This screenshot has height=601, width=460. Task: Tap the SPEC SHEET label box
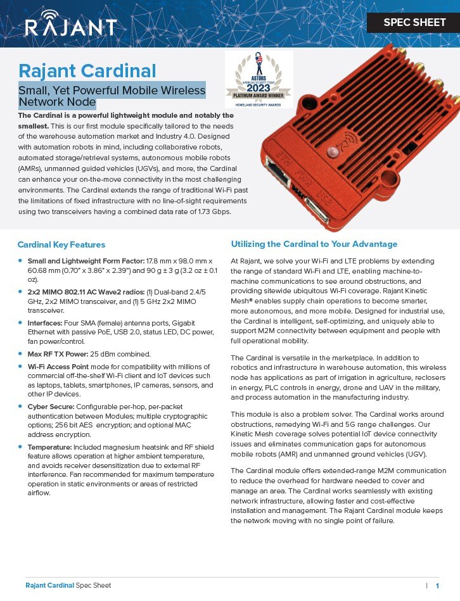click(x=414, y=23)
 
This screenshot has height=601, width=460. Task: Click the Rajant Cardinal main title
click(x=87, y=70)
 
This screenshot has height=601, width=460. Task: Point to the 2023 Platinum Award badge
click(x=259, y=79)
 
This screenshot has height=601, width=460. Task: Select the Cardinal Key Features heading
click(x=61, y=244)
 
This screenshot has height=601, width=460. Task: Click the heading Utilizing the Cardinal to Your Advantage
click(x=314, y=244)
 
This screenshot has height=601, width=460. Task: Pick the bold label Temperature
click(x=51, y=447)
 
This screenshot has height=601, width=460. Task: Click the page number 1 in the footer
click(x=437, y=586)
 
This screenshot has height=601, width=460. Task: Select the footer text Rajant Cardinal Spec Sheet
click(x=68, y=586)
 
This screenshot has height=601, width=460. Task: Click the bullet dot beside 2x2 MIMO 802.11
click(x=21, y=291)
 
